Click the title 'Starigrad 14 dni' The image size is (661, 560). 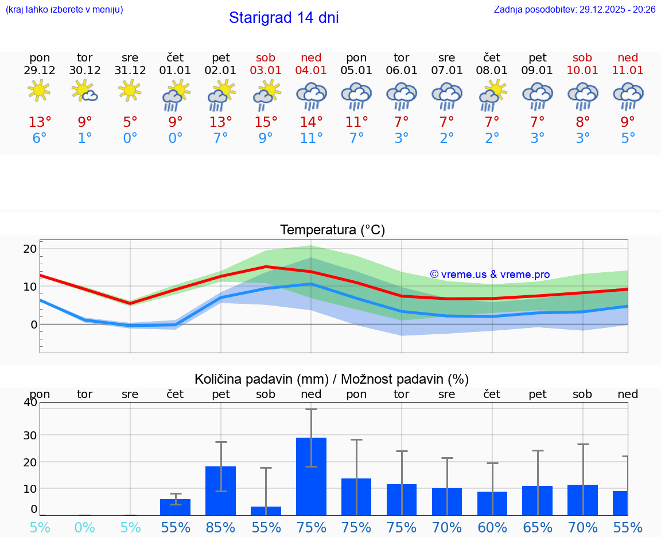(283, 18)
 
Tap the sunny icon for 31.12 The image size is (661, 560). (130, 90)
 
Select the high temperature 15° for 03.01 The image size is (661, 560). (266, 122)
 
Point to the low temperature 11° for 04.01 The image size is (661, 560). (311, 138)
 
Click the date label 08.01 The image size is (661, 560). (492, 71)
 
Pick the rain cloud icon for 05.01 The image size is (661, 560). (356, 95)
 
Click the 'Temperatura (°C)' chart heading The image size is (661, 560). (332, 230)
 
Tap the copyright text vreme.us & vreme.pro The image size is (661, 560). (490, 275)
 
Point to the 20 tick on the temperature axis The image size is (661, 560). (30, 249)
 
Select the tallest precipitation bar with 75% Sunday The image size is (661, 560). (311, 476)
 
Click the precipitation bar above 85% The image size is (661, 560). (221, 491)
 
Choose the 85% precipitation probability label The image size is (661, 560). (221, 527)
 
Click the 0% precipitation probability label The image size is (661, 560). (85, 527)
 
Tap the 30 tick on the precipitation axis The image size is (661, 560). (30, 435)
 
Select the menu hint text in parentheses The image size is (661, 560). (64, 10)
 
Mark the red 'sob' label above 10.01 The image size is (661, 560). (582, 57)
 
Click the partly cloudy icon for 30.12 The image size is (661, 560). (84, 90)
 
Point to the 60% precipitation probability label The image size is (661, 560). (492, 527)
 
